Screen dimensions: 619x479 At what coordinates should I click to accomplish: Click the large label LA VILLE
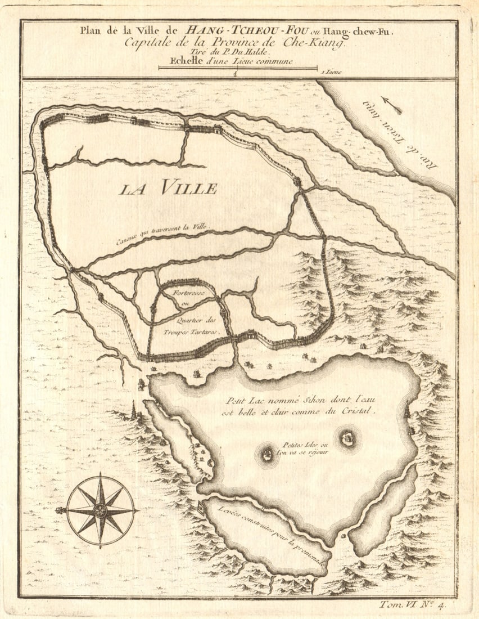(x=168, y=188)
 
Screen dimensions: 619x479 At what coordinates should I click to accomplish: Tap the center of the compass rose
(x=101, y=510)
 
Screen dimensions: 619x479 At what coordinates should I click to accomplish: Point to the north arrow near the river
(x=391, y=105)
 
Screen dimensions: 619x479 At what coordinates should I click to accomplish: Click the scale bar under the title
(x=237, y=69)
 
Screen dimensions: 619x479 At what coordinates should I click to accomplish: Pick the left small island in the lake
(x=267, y=454)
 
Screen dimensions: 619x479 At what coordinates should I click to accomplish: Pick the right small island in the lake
(x=347, y=438)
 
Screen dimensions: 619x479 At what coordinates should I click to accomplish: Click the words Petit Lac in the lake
(x=242, y=401)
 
